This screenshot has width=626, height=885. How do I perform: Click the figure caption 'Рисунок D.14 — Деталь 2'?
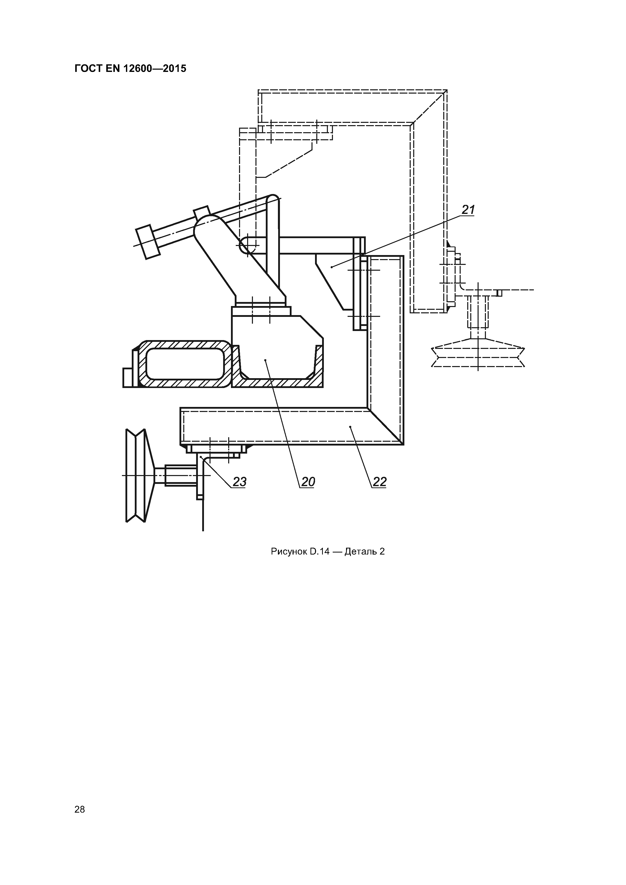point(328,551)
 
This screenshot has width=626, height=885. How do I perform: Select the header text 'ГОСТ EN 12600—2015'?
point(130,69)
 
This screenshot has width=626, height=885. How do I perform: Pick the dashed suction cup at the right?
point(478,352)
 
